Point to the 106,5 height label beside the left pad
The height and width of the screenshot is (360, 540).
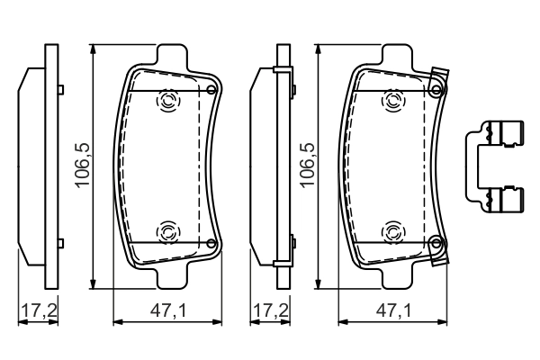tap(82, 164)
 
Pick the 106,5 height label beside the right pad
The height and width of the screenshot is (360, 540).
tap(307, 164)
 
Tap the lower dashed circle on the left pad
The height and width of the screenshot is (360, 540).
tap(168, 232)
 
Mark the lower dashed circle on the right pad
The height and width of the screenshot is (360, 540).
tap(392, 232)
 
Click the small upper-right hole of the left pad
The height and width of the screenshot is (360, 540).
tap(211, 90)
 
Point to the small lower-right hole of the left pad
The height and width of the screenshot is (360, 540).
tap(211, 243)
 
